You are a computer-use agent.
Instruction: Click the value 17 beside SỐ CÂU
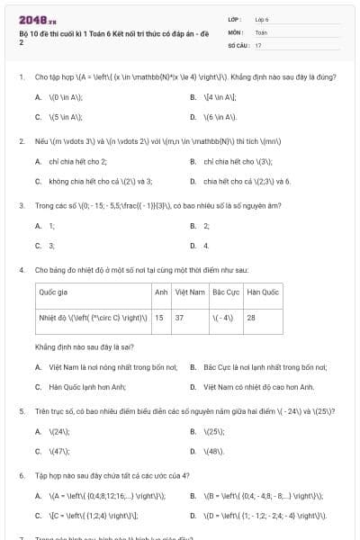tap(259, 44)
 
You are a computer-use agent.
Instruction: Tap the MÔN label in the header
tap(235, 31)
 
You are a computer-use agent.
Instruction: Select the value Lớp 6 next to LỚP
tap(262, 19)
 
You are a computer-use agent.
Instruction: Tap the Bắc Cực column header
tap(225, 292)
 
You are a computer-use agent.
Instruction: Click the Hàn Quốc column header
tap(263, 292)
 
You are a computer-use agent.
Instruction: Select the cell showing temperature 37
tap(179, 317)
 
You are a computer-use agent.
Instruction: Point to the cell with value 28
tap(251, 317)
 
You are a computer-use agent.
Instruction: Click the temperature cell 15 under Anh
tap(159, 317)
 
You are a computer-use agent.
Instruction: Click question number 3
tap(21, 205)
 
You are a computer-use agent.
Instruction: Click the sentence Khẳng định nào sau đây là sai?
tap(85, 346)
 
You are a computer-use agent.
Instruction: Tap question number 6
tap(21, 474)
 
